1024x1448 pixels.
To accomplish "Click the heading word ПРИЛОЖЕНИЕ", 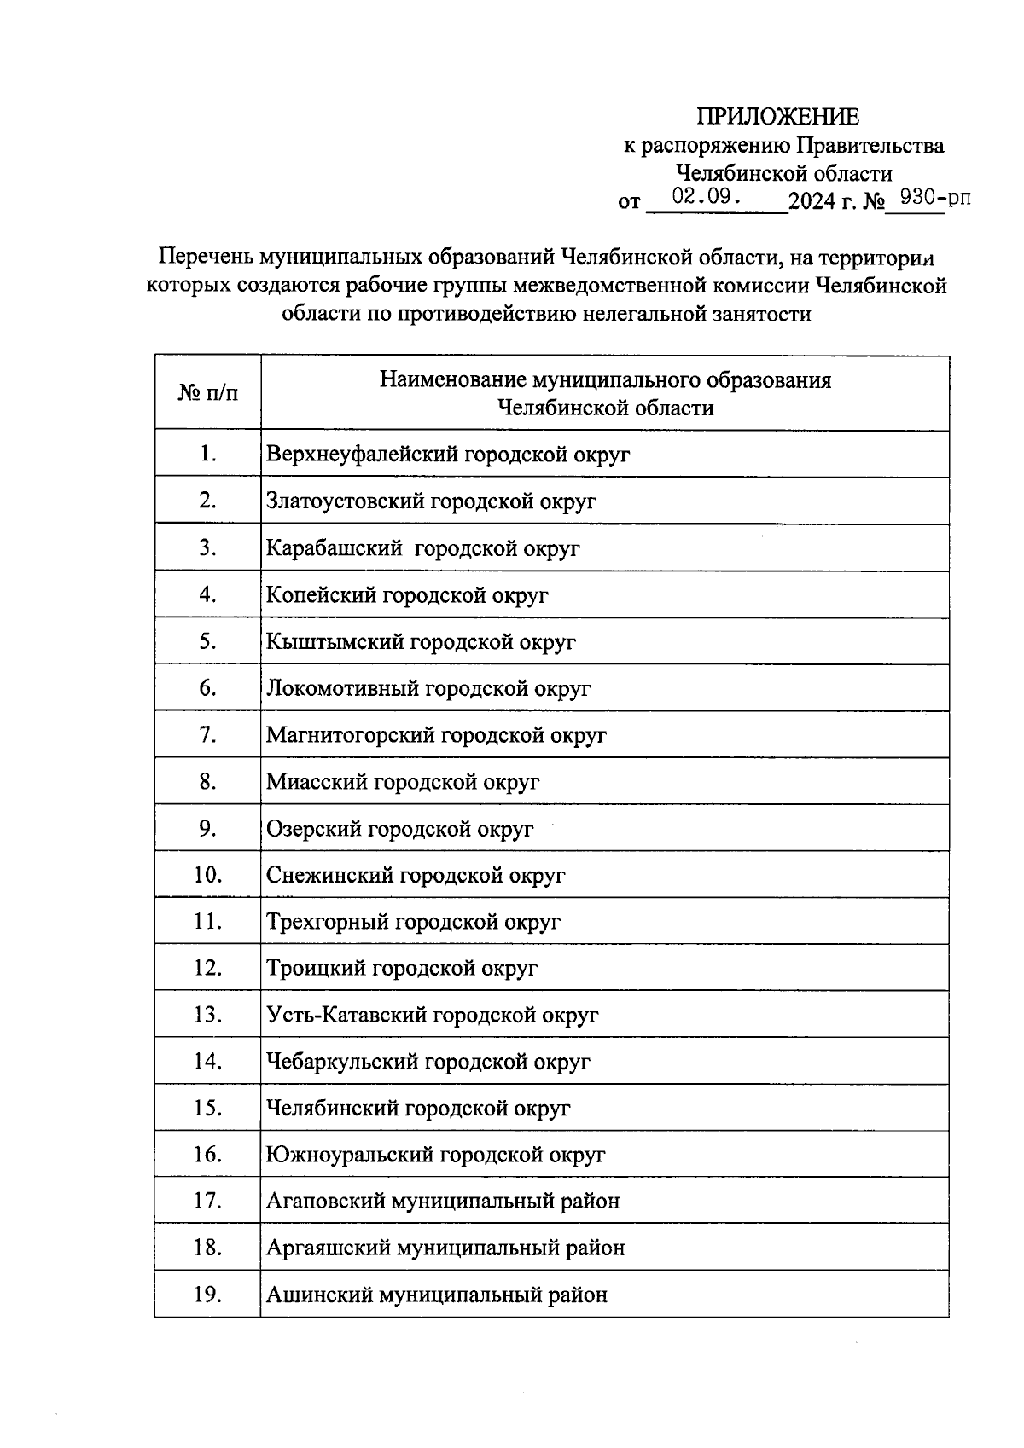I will tap(778, 117).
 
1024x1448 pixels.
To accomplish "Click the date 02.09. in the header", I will tap(705, 197).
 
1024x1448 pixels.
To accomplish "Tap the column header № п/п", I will tap(207, 393).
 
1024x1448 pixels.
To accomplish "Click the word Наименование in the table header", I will tap(452, 379).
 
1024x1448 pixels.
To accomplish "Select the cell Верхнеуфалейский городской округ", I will tap(448, 454).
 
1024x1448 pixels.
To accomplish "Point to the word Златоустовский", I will tap(346, 501).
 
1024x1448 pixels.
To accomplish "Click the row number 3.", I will tap(207, 547).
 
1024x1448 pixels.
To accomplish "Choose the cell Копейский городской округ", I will tap(407, 594).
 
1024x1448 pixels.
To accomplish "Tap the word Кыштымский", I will tap(335, 641).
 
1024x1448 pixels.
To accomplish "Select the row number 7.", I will tap(207, 734).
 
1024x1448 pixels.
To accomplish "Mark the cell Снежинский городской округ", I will tap(416, 875).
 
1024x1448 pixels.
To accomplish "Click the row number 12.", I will tap(207, 968).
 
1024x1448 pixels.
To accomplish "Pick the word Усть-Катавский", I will tap(347, 1015).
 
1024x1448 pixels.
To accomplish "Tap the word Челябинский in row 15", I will tap(333, 1109).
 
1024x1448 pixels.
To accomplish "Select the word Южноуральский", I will tap(350, 1155).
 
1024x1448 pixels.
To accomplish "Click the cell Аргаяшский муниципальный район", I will tap(445, 1248).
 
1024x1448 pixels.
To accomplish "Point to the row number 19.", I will tap(207, 1295).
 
